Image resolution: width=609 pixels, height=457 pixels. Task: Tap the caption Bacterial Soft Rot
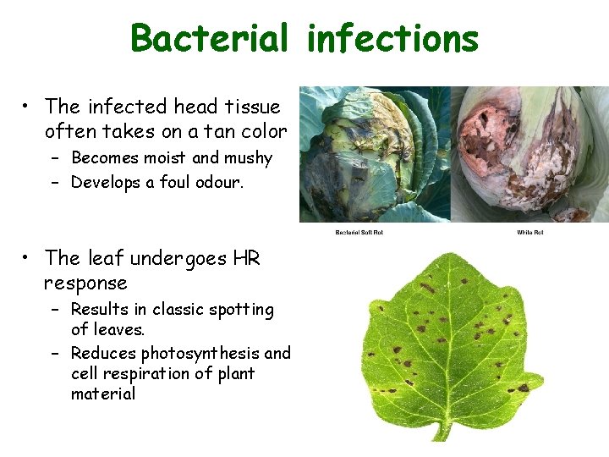coord(359,233)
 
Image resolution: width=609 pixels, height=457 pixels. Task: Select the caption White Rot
coord(530,233)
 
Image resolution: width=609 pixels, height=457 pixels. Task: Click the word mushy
coord(247,158)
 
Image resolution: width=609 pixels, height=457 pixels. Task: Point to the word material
coord(103,394)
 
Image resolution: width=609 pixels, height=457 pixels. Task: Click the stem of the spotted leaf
coord(439,427)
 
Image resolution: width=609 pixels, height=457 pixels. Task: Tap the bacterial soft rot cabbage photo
coord(373,154)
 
